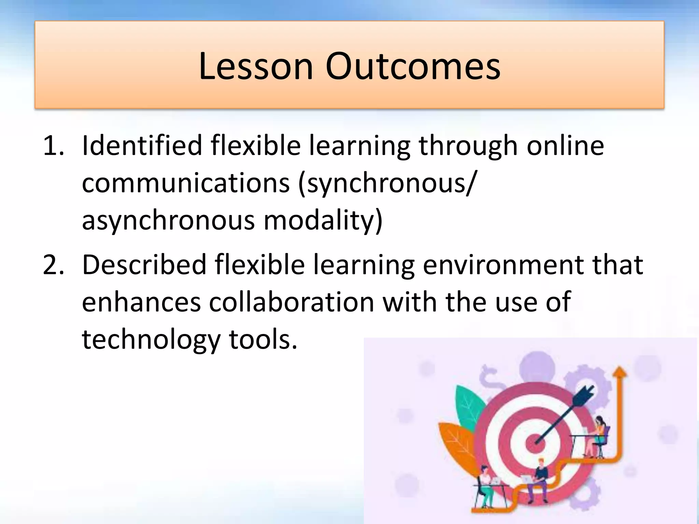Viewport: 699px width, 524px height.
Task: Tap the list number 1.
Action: (53, 146)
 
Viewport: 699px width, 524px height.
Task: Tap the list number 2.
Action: (53, 265)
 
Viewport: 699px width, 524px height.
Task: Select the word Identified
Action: (142, 146)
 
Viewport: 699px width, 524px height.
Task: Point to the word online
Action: (565, 146)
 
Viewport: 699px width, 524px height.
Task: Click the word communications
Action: (186, 183)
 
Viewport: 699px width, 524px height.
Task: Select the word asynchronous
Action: (168, 221)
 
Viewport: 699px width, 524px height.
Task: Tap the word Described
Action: (144, 265)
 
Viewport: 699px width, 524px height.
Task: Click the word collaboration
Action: (291, 302)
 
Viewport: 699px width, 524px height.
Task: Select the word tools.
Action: (263, 340)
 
